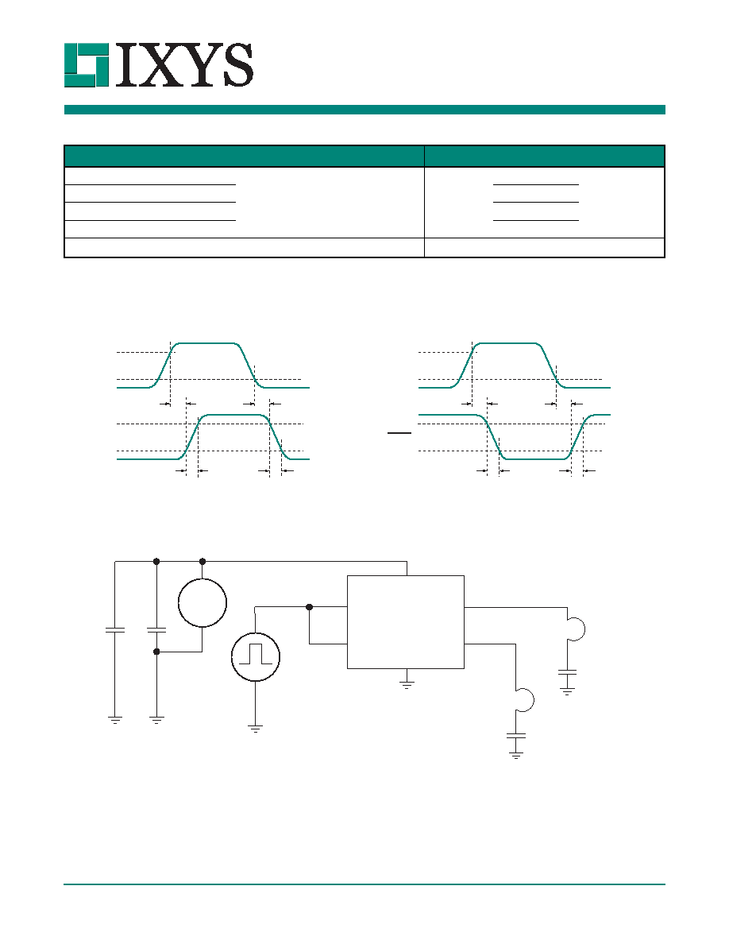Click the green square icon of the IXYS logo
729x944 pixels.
(x=87, y=65)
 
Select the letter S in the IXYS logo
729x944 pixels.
(x=237, y=65)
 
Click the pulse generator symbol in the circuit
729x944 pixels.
(x=256, y=657)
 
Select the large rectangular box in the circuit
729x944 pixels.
(x=406, y=622)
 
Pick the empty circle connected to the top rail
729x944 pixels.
(x=202, y=602)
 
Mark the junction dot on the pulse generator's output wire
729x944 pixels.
(x=309, y=607)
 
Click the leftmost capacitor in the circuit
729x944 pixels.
(x=115, y=630)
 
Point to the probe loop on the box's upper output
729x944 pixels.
(x=576, y=629)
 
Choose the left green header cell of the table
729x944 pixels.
(x=245, y=156)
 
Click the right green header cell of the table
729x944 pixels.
(x=544, y=156)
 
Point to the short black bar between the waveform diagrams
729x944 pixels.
(x=399, y=433)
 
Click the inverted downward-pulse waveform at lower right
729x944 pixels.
(x=515, y=437)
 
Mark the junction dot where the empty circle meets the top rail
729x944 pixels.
(x=202, y=561)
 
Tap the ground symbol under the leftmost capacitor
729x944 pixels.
(x=115, y=719)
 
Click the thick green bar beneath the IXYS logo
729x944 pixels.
(x=364, y=110)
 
